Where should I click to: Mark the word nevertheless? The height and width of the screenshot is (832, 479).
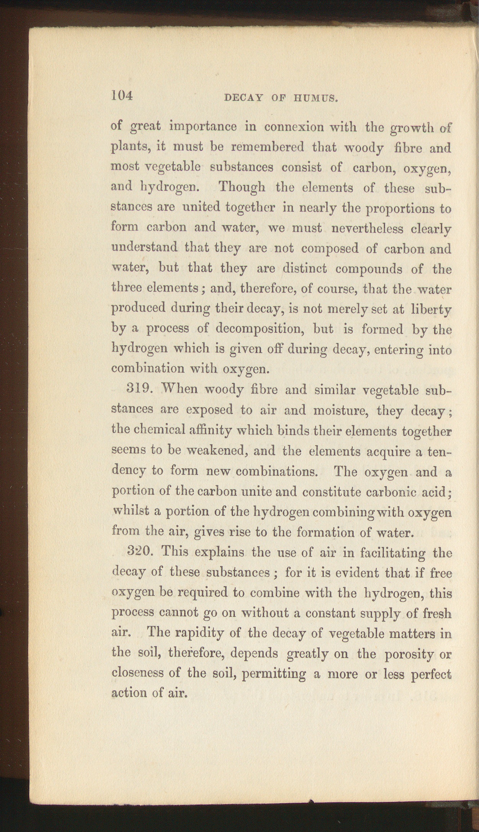click(367, 229)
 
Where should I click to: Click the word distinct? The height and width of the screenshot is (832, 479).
click(304, 268)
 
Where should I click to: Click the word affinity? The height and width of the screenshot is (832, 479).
click(211, 431)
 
